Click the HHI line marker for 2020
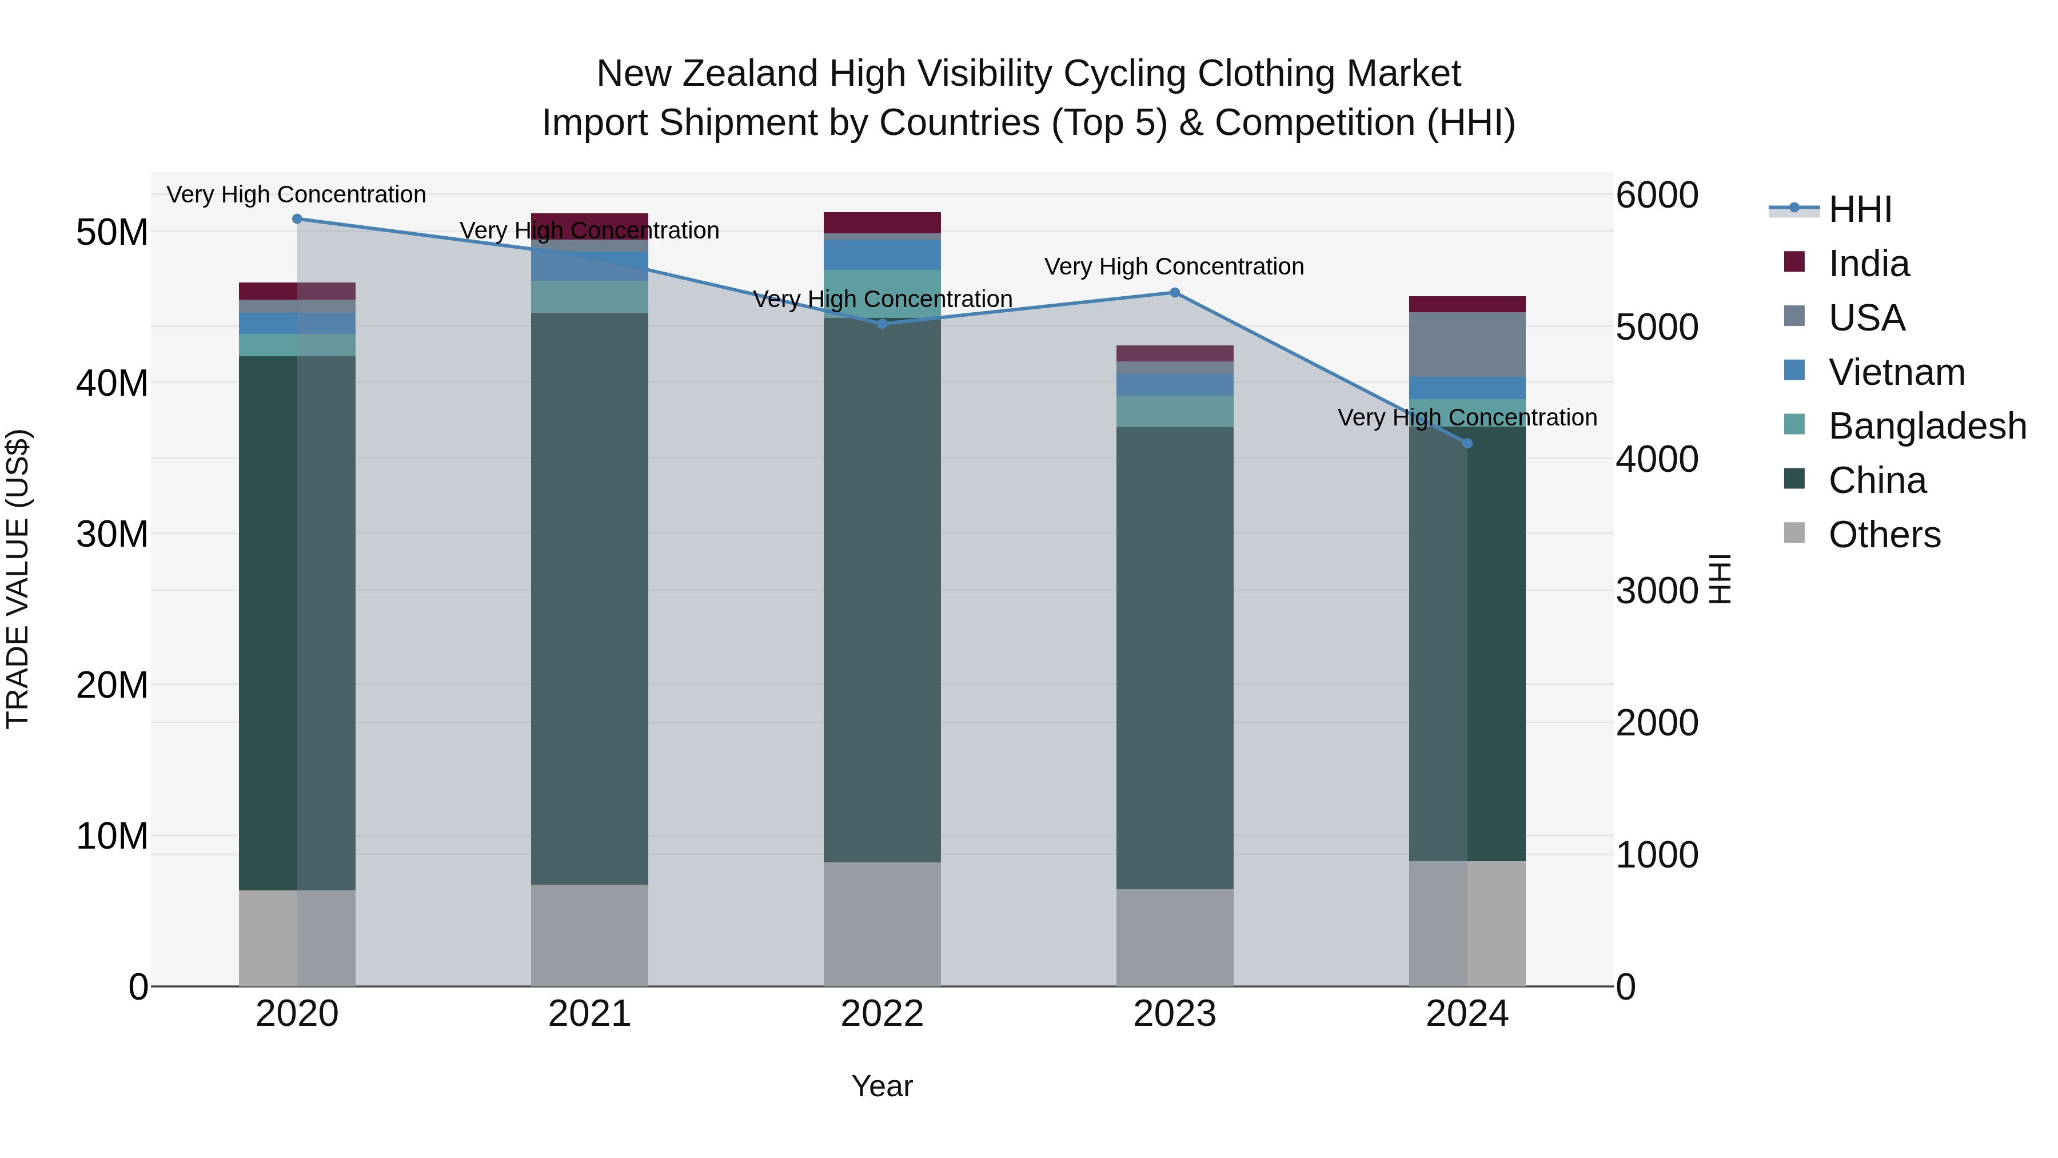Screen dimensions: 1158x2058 [x=297, y=219]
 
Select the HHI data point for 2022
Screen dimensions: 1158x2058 [x=882, y=324]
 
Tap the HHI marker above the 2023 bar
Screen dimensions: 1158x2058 [x=1174, y=292]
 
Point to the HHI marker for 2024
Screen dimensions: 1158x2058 [x=1467, y=444]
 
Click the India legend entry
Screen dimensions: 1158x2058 [x=1868, y=264]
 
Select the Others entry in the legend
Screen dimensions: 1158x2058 [x=1884, y=535]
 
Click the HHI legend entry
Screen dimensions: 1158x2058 [x=1859, y=209]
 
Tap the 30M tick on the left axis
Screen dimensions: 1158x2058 [x=112, y=534]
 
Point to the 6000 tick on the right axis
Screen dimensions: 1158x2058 [x=1657, y=195]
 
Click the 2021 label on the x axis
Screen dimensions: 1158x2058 [x=589, y=1014]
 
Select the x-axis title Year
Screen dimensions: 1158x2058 [x=882, y=1086]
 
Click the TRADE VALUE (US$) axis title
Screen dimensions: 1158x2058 [x=18, y=579]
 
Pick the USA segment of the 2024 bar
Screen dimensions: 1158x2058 [x=1467, y=344]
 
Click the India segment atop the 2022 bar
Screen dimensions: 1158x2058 [x=882, y=222]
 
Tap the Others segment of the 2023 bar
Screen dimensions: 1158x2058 [x=1174, y=937]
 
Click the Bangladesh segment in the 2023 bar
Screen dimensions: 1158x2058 [x=1174, y=412]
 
